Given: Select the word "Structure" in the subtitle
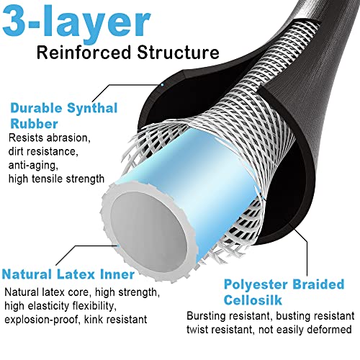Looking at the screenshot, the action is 178,53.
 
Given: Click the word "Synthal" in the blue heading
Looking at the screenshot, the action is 92,109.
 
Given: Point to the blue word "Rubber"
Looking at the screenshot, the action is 34,124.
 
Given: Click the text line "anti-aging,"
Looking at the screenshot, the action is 33,166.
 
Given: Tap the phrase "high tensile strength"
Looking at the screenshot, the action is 56,179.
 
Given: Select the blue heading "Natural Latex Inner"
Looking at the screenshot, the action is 68,274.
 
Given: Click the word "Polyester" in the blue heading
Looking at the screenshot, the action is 256,285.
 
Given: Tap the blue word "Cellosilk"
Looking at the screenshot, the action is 253,300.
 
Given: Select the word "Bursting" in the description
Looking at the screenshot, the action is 207,316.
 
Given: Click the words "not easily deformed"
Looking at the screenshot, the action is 305,330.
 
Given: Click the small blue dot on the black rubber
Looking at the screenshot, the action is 163,85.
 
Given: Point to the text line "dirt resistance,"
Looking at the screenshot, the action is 43,152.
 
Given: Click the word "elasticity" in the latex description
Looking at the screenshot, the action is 48,306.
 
